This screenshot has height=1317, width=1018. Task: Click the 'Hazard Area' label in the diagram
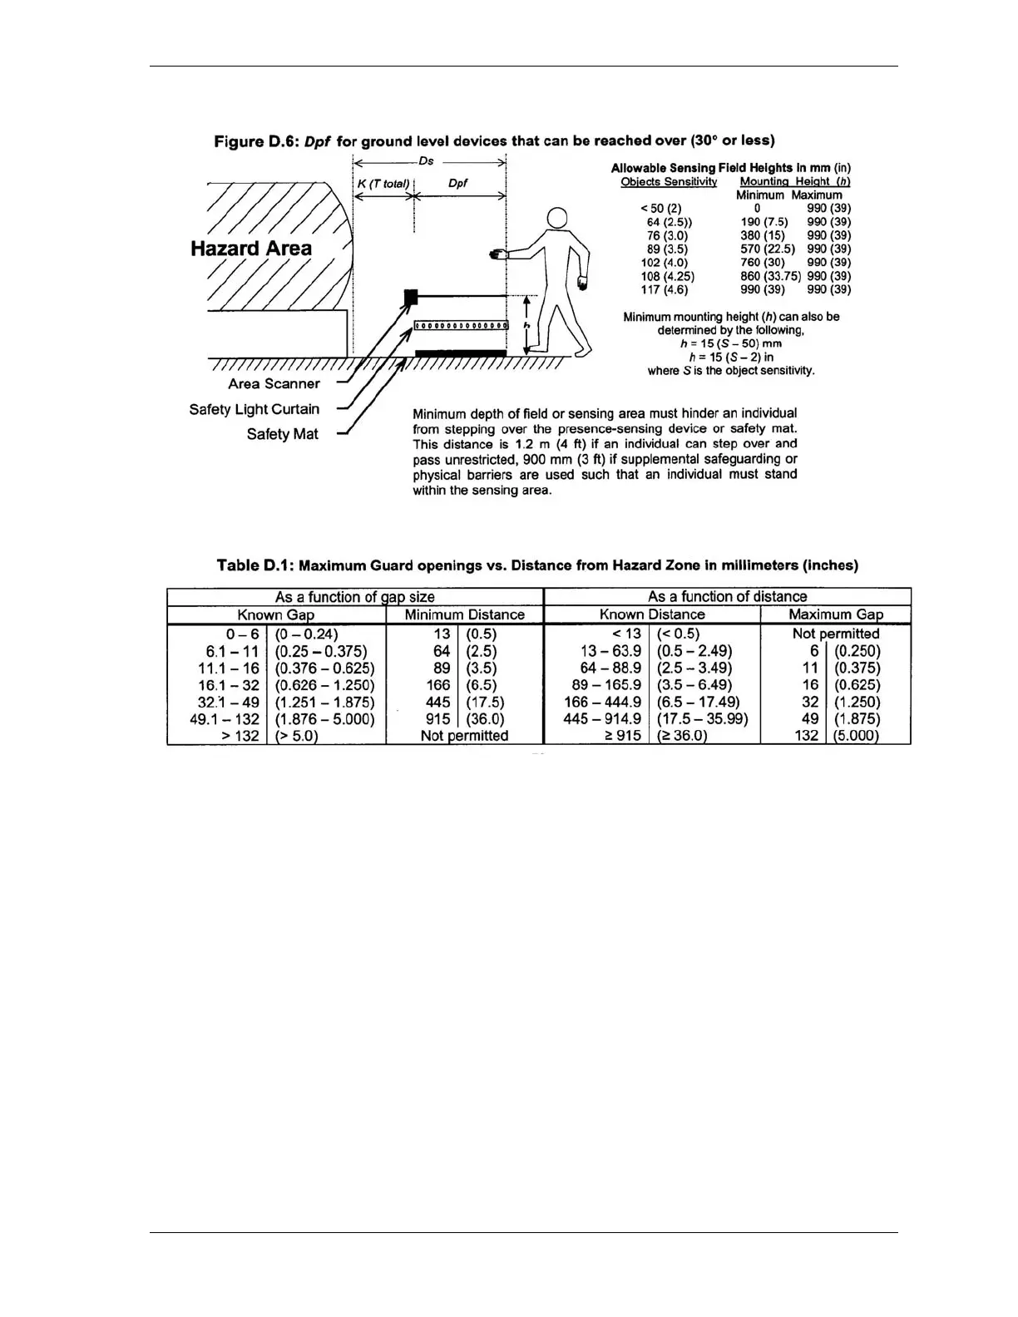coord(250,249)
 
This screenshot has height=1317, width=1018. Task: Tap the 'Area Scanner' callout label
coord(274,384)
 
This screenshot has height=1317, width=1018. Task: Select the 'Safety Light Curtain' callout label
coord(254,409)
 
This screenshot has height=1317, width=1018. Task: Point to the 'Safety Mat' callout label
coord(282,434)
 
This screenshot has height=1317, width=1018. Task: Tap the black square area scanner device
coord(410,296)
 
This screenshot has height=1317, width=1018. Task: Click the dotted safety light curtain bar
coord(461,325)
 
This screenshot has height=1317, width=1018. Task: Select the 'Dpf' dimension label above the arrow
coord(457,183)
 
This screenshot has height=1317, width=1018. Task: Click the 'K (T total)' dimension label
coord(383,183)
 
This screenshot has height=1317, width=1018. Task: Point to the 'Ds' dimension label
coord(426,161)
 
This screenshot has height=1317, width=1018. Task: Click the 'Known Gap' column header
coord(276,615)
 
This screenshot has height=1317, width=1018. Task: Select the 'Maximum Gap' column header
coord(836,615)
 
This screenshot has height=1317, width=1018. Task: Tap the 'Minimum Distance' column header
coord(464,615)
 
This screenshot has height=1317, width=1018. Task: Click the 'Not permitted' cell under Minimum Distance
coord(464,736)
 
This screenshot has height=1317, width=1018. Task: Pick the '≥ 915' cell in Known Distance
coord(622,736)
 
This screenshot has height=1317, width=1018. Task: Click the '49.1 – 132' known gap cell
coord(225,719)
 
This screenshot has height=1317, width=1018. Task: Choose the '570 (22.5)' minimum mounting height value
coord(767,249)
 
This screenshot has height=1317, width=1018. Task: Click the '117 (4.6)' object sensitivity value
coord(665,289)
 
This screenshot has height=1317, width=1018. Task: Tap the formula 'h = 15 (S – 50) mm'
coord(730,343)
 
